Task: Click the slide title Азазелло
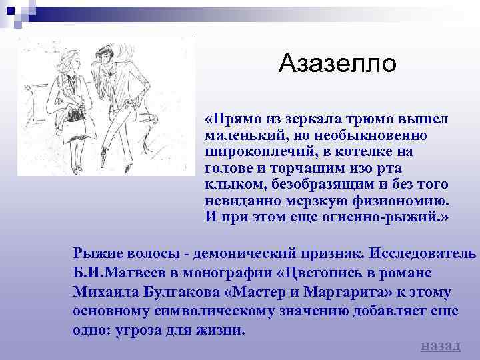tap(337, 64)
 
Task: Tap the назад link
tap(441, 345)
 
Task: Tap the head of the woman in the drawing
tap(69, 63)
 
